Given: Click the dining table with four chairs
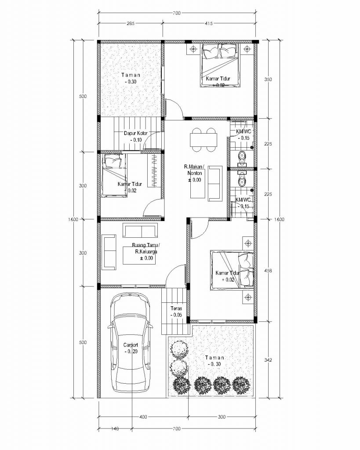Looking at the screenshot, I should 204,140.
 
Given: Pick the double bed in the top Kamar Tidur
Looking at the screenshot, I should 220,66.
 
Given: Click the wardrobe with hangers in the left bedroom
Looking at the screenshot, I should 155,171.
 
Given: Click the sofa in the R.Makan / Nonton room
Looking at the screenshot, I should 215,181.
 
